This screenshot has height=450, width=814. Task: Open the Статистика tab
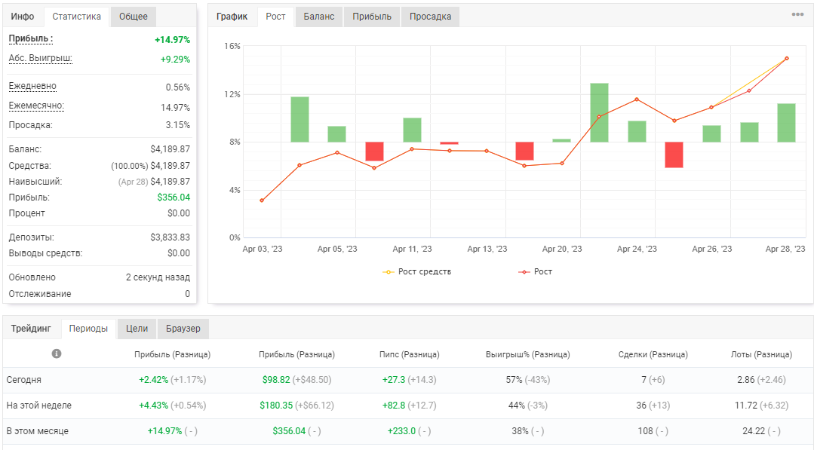pyautogui.click(x=76, y=17)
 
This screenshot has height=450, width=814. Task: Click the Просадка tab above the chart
pyautogui.click(x=430, y=17)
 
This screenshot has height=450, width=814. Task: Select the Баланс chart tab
pyautogui.click(x=319, y=17)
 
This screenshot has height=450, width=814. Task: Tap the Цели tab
pyautogui.click(x=137, y=329)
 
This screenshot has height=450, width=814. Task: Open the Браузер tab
pyautogui.click(x=183, y=329)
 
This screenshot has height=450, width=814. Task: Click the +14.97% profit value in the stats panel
pyautogui.click(x=172, y=40)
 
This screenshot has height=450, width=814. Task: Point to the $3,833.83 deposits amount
pyautogui.click(x=170, y=237)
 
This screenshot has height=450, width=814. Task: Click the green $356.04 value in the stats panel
pyautogui.click(x=174, y=197)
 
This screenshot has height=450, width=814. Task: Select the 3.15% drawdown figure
pyautogui.click(x=178, y=125)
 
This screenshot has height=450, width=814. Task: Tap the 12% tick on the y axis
pyautogui.click(x=232, y=94)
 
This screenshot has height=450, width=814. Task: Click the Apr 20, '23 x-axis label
pyautogui.click(x=562, y=249)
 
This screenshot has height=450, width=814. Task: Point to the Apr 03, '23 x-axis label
pyautogui.click(x=263, y=249)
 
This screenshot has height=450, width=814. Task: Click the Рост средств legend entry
pyautogui.click(x=417, y=271)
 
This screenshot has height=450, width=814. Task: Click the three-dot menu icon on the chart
pyautogui.click(x=798, y=14)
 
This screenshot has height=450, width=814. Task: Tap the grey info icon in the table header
pyautogui.click(x=57, y=354)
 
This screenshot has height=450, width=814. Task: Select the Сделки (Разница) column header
pyautogui.click(x=653, y=354)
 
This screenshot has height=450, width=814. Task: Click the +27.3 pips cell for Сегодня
pyautogui.click(x=394, y=380)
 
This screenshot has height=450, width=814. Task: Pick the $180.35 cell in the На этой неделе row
pyautogui.click(x=276, y=406)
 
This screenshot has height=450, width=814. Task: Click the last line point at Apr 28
pyautogui.click(x=787, y=59)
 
